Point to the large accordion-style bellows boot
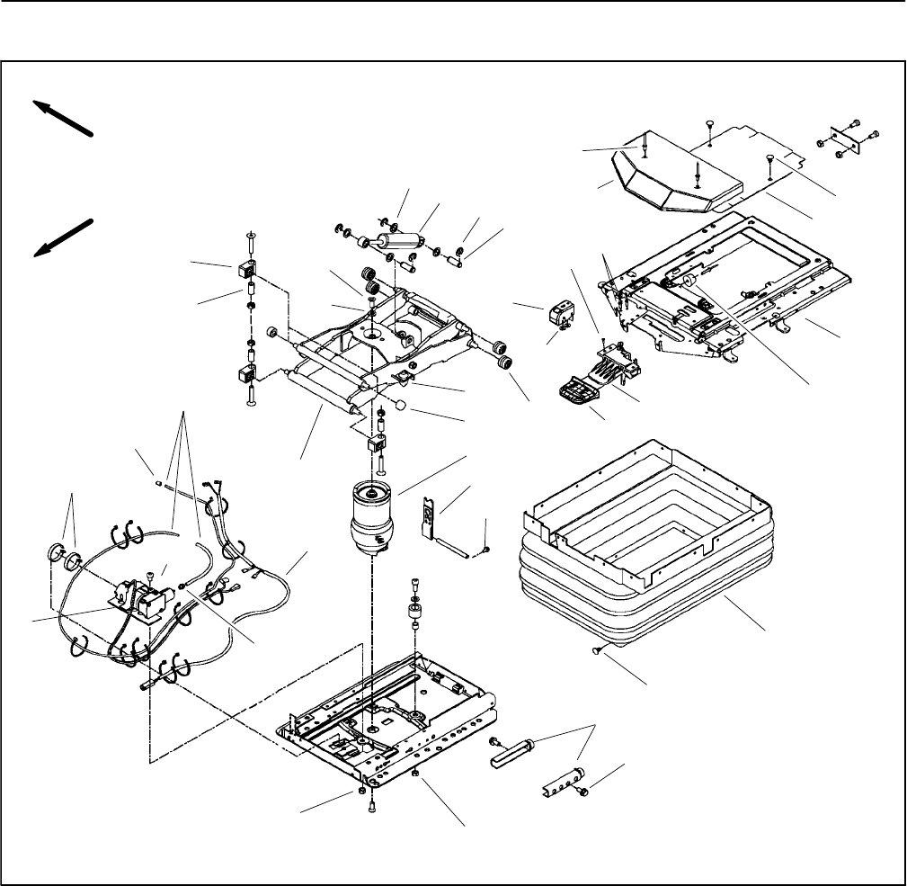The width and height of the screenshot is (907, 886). click(x=647, y=576)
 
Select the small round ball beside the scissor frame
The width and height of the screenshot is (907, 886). click(x=404, y=406)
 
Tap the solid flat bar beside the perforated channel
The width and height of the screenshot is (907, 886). click(x=512, y=752)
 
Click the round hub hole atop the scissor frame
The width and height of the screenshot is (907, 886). click(x=371, y=330)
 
